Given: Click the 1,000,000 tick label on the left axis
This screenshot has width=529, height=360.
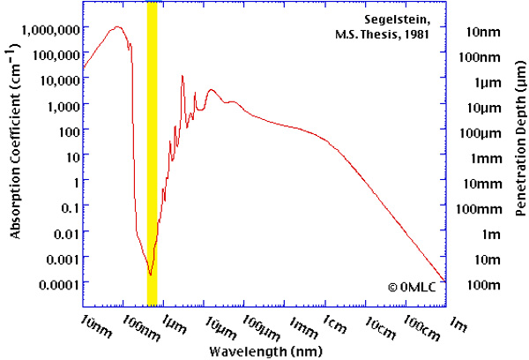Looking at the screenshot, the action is (51, 30).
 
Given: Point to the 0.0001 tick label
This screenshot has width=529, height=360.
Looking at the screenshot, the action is (60, 285).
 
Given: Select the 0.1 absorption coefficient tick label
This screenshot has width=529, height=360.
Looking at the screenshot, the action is (71, 209).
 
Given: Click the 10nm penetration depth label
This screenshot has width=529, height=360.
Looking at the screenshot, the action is (483, 32).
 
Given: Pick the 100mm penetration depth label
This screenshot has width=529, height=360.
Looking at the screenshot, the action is (479, 209).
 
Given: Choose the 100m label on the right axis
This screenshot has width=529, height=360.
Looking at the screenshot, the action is (483, 285).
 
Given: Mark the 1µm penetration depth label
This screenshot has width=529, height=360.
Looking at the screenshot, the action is (488, 84).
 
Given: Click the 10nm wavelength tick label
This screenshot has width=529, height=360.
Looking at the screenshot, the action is (96, 326).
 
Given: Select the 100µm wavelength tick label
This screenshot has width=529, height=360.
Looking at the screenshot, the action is (262, 328).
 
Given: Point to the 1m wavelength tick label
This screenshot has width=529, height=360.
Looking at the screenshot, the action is (458, 324).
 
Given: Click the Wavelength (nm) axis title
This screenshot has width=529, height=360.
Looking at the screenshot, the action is (266, 351).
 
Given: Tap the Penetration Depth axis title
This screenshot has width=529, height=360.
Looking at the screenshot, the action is (521, 139).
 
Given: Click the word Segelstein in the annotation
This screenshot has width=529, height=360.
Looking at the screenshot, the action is (397, 20).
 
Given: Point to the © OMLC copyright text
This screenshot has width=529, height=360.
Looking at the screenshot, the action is (412, 288).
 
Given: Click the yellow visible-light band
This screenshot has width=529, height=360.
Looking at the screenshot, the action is (152, 154).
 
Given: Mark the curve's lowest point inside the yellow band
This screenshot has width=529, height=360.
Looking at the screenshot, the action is (151, 275).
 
